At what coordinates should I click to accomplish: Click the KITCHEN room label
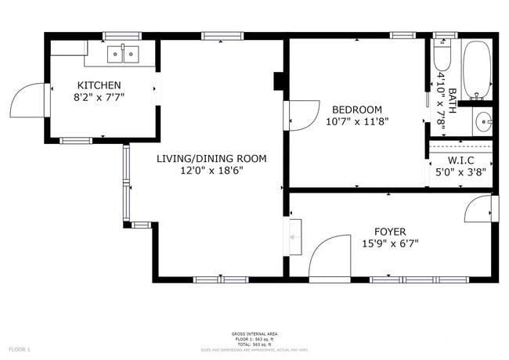click(99, 85)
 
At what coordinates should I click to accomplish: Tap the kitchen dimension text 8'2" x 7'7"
click(99, 97)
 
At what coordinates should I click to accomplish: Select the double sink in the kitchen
click(123, 54)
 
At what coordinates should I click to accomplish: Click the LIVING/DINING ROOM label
click(211, 159)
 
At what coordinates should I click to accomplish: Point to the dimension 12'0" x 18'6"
click(211, 171)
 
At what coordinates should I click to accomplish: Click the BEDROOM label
click(357, 110)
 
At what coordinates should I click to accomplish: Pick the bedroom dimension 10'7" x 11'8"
click(357, 121)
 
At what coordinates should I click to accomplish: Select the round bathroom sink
click(484, 121)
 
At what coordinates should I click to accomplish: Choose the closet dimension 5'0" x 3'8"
click(461, 174)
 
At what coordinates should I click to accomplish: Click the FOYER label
click(390, 232)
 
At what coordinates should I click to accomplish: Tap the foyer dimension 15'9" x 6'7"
click(390, 243)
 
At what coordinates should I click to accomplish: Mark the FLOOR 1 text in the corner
click(19, 348)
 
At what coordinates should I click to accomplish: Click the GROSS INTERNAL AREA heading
click(254, 333)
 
